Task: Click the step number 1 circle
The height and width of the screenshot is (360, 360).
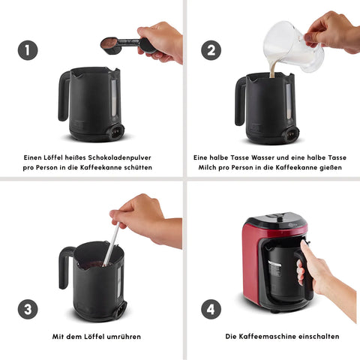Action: [x=28, y=50]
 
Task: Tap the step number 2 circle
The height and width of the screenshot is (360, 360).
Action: [x=211, y=50]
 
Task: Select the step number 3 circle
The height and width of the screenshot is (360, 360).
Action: [x=28, y=309]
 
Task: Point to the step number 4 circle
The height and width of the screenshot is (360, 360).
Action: [x=211, y=309]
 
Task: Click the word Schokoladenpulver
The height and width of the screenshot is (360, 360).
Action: [x=120, y=157]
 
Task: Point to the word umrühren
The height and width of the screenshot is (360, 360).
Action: [x=124, y=337]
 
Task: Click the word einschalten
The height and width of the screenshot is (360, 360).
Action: [x=321, y=337]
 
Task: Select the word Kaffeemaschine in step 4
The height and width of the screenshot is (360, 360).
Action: [x=269, y=337]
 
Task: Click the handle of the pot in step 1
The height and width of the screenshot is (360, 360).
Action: [x=64, y=96]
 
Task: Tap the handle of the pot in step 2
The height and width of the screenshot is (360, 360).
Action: [x=240, y=101]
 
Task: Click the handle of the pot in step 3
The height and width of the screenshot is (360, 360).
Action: [x=64, y=268]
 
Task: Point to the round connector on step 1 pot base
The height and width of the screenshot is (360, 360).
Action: [x=116, y=130]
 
